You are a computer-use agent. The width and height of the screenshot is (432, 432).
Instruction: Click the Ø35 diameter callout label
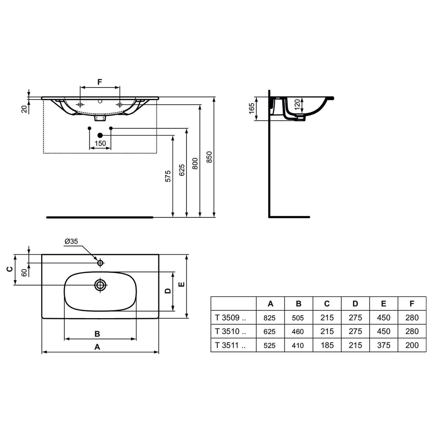[x=71, y=241]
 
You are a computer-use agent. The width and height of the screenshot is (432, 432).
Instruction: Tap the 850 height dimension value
[x=209, y=157]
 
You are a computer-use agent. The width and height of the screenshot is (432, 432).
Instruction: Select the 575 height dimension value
[x=168, y=176]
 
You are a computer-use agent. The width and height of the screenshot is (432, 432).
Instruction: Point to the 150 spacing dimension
[x=100, y=143]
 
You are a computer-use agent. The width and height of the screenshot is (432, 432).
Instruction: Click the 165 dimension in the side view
[x=251, y=108]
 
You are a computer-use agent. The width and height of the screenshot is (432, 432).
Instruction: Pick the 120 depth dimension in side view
[x=298, y=103]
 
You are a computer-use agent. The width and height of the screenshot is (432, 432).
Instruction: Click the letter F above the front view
[x=100, y=82]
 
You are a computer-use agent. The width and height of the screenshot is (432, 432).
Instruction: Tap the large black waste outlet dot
[x=100, y=135]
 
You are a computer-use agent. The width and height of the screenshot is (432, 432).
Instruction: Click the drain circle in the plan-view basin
[x=100, y=285]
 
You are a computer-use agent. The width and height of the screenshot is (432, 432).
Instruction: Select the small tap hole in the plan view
[x=100, y=263]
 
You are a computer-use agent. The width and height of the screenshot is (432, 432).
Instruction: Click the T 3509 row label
[x=230, y=318]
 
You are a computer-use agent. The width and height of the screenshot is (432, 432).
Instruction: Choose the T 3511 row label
[x=230, y=345]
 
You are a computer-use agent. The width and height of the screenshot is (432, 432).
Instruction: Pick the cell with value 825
[x=270, y=318]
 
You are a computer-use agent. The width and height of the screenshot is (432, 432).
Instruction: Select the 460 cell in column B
[x=298, y=331]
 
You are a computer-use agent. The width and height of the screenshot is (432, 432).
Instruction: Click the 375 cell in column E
[x=384, y=345]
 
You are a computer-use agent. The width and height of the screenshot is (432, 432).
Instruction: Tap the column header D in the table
[x=355, y=304]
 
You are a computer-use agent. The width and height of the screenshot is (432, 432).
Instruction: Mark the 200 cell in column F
[x=412, y=345]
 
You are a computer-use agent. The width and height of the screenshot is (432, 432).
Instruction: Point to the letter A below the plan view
[x=97, y=347]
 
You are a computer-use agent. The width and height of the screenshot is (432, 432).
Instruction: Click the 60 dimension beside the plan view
[x=24, y=272]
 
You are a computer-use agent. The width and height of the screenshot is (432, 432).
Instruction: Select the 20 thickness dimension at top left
[x=24, y=109]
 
